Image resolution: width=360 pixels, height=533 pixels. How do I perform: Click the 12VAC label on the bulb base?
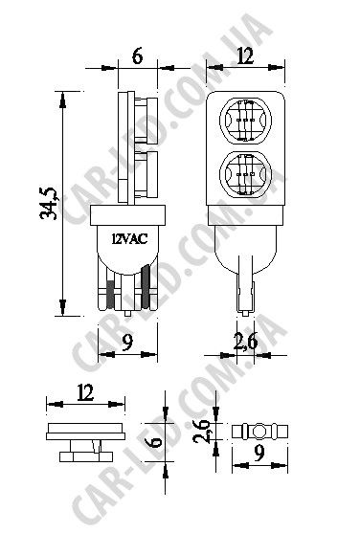(129, 239)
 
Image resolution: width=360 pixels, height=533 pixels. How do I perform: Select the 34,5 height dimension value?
(48, 203)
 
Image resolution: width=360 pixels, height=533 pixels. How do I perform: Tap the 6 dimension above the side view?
(137, 56)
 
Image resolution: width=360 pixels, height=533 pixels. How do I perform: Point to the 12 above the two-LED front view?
(245, 56)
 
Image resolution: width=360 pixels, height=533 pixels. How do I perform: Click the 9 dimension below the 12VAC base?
(127, 343)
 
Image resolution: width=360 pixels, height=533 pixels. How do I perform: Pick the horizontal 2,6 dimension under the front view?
(246, 342)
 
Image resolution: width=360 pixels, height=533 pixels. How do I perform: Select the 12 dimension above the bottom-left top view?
(85, 392)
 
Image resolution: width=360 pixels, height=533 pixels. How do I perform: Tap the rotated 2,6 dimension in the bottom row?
(201, 431)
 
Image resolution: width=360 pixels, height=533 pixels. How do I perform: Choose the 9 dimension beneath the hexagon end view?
(259, 453)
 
